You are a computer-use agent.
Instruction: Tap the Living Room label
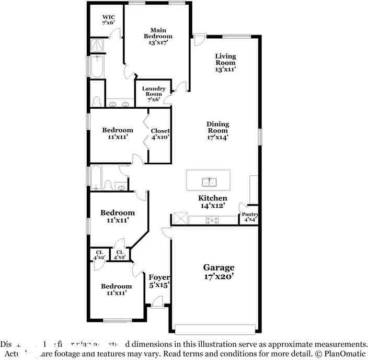(x=225, y=62)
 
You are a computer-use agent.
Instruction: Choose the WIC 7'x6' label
(x=108, y=20)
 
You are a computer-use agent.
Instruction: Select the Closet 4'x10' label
(x=160, y=133)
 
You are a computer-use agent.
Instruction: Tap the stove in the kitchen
(x=212, y=220)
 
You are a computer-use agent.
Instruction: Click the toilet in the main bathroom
(x=96, y=100)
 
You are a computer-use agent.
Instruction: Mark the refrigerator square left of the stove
(x=181, y=218)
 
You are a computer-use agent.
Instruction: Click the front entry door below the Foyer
(x=157, y=302)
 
